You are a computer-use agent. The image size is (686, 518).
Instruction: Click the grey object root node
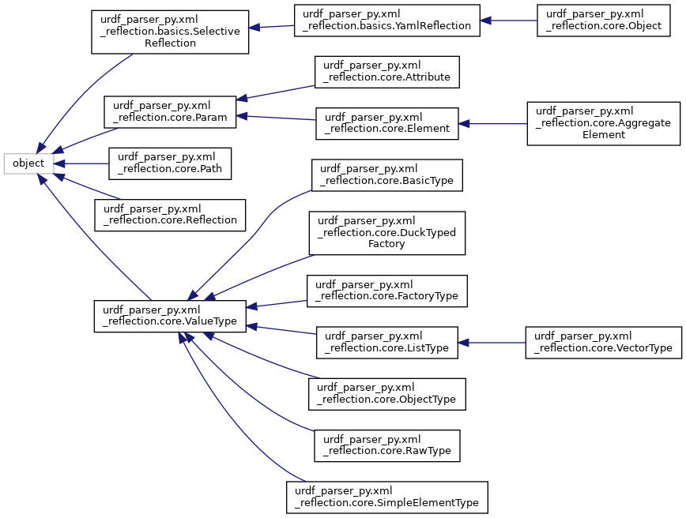[x=28, y=163]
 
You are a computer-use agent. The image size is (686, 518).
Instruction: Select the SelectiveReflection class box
[x=170, y=32]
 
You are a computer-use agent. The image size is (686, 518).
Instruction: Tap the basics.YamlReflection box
[x=386, y=21]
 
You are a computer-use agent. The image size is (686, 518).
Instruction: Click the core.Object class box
[x=603, y=21]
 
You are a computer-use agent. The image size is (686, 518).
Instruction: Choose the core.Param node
[x=170, y=113]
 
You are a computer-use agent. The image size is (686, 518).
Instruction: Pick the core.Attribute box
[x=386, y=72]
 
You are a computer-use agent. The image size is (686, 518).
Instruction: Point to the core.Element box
[x=386, y=123]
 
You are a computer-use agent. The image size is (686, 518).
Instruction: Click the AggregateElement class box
[x=603, y=123]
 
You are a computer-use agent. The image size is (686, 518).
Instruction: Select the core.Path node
[x=170, y=163]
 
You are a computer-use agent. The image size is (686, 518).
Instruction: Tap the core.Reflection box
[x=170, y=215]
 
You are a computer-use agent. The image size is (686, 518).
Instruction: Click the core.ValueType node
[x=170, y=316]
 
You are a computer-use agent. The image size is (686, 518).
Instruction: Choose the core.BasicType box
[x=386, y=175]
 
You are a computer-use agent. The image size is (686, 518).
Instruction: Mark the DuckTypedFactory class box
[x=386, y=232]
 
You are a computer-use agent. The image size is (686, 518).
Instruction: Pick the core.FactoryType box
[x=386, y=291]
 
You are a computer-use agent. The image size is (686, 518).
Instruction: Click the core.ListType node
[x=386, y=342]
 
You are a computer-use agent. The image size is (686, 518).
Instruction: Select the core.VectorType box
[x=603, y=342]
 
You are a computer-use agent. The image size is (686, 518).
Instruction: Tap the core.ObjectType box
[x=386, y=393]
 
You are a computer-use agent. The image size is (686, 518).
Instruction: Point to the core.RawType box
[x=386, y=445]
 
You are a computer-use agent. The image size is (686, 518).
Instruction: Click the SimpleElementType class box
[x=386, y=497]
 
